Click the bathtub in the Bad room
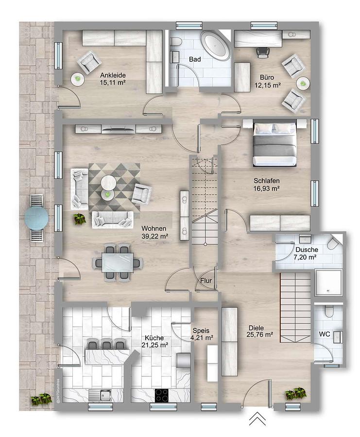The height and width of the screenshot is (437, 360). coord(215,46)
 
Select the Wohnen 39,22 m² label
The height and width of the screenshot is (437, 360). coord(154,233)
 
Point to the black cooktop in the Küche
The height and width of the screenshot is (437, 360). coord(162,395)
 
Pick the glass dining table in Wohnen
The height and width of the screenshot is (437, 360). coord(118,262)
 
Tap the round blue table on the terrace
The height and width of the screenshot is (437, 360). coord(36,218)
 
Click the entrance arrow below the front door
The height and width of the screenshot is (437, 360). coord(257,419)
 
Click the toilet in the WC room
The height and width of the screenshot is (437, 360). coord(329,311)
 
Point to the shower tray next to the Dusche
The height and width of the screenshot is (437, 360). coord(328,282)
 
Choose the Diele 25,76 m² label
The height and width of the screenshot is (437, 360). coord(259,331)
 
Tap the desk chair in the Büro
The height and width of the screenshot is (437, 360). coord(263,52)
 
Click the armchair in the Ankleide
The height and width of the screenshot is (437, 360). coord(89,62)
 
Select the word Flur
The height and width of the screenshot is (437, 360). coord(206,281)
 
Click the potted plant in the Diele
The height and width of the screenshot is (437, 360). coord(295,393)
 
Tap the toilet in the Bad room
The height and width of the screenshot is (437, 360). coord(176,42)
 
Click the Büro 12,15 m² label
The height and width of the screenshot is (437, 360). coord(267,81)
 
